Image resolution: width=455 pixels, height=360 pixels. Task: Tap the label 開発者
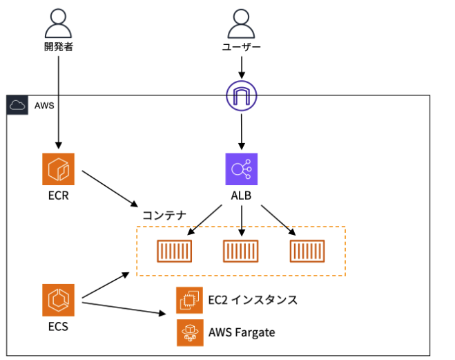click(58, 48)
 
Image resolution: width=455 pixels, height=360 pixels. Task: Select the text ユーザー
click(241, 48)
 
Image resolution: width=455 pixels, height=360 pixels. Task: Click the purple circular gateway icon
click(241, 96)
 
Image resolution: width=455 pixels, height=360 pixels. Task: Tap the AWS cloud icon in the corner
click(16, 105)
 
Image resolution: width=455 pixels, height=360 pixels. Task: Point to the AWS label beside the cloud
click(44, 106)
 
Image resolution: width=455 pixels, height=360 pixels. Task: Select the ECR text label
click(58, 196)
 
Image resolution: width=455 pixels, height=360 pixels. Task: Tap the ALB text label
click(241, 196)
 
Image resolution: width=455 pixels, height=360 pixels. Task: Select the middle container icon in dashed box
click(241, 251)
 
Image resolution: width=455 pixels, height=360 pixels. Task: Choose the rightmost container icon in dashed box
click(307, 251)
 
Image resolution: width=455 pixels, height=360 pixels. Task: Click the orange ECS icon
click(58, 300)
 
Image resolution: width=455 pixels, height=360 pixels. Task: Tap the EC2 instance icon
click(190, 300)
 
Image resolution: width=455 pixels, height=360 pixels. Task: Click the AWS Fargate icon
click(190, 332)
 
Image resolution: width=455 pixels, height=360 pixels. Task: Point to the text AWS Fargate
click(242, 332)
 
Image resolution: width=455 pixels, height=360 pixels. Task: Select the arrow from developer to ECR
click(58, 104)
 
